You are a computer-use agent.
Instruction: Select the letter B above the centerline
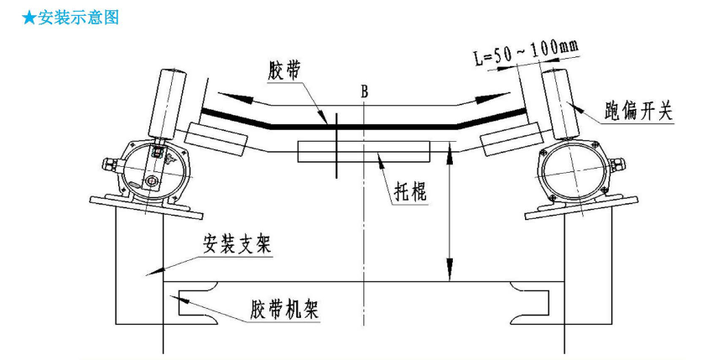[364, 90]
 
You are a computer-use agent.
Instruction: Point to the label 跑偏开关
[638, 112]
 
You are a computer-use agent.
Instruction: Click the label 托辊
[412, 191]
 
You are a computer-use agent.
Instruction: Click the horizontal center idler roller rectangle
[363, 151]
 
